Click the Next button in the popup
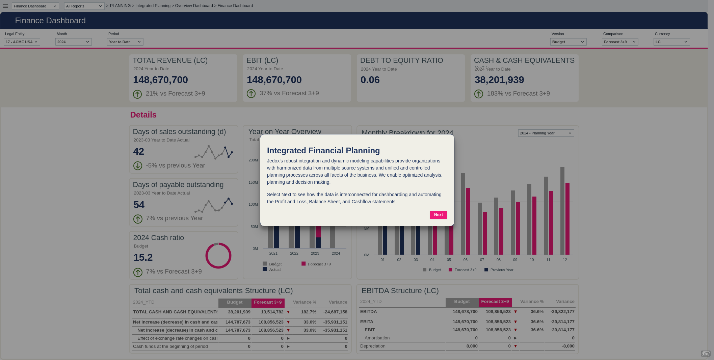(x=438, y=215)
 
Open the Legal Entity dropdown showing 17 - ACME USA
(x=22, y=42)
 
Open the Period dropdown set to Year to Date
(x=125, y=42)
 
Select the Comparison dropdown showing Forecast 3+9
(x=620, y=42)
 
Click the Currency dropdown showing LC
(x=671, y=42)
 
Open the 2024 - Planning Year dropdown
(x=546, y=133)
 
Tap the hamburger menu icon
(x=5, y=6)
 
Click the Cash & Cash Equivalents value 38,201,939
(x=499, y=80)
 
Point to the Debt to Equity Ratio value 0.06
(x=370, y=80)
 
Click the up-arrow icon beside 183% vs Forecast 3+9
(x=479, y=94)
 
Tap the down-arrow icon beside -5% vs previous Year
(x=138, y=166)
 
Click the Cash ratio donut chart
(x=218, y=256)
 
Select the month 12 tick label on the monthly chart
(x=565, y=260)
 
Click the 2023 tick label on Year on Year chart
(x=315, y=253)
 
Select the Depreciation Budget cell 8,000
(x=472, y=346)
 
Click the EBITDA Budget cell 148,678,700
(x=465, y=312)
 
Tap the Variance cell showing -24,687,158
(x=335, y=312)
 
